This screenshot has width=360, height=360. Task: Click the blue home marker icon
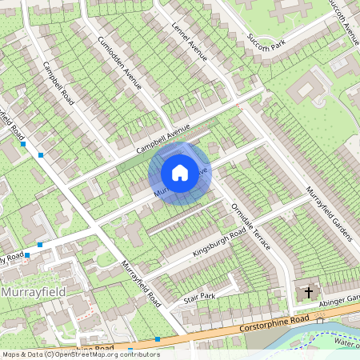[180, 173]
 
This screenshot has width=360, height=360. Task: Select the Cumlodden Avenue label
[119, 62]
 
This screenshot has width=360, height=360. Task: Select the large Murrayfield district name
[33, 291]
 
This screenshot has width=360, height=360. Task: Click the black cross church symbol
[309, 292]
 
